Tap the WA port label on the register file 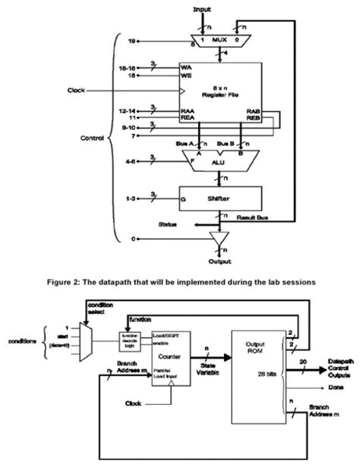click(x=185, y=67)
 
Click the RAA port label click(x=186, y=111)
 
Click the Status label click(x=169, y=225)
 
